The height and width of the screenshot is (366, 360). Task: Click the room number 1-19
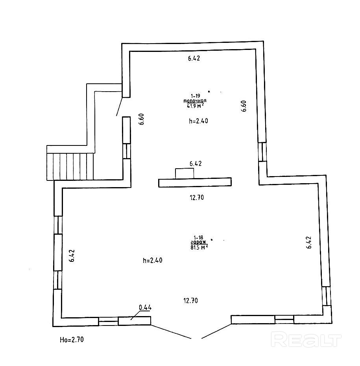pos(195,96)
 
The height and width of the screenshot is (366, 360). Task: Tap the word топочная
pos(195,101)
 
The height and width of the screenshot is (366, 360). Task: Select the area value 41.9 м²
pos(195,105)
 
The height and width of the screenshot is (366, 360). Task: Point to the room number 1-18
pos(198,237)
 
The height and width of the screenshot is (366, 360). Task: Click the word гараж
pos(198,242)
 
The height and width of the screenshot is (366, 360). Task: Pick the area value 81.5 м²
pos(198,247)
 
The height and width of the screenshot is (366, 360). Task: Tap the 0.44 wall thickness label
pos(145,308)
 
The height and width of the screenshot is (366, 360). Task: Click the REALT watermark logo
pos(306,339)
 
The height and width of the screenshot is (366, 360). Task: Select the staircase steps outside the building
pos(70,166)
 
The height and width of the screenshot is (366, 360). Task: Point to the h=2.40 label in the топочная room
pos(198,121)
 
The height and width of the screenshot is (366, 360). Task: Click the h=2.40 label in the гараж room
pos(153,260)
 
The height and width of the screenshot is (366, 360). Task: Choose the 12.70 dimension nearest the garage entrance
pos(190,301)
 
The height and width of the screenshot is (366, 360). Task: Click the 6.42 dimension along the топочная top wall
pos(194,59)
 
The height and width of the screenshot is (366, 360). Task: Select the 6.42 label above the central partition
pos(196,164)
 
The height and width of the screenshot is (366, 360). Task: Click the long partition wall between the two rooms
pos(194,182)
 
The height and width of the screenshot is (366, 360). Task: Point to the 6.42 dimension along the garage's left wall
pos(72,256)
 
